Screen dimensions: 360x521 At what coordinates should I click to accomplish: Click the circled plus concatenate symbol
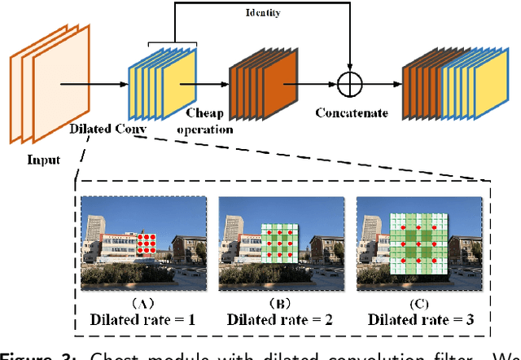tap(349, 83)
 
